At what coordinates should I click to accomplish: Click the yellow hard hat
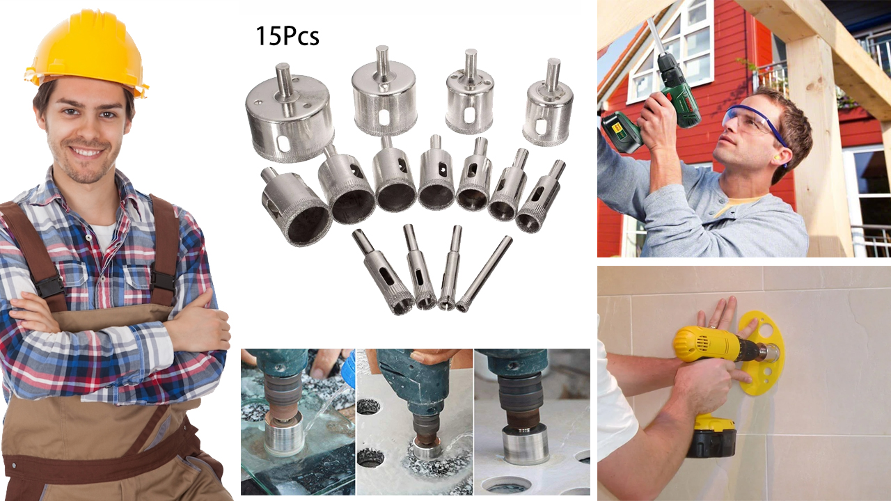coord(87,51)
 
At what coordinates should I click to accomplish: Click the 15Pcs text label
coord(287,36)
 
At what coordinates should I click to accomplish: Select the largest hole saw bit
coord(290,113)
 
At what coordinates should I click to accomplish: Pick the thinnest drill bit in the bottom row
coord(484,274)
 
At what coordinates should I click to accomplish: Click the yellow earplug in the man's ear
coord(785,163)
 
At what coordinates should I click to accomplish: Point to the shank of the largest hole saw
coord(283,79)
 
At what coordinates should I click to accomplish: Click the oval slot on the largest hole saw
coord(282,144)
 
